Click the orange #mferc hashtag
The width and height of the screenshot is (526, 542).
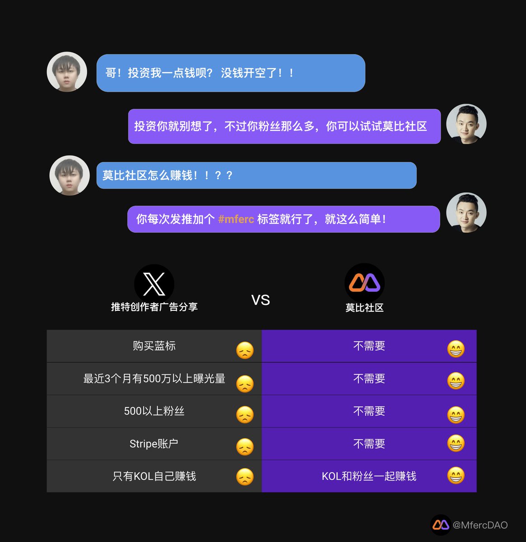coord(236,220)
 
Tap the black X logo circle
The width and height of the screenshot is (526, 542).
coord(154,284)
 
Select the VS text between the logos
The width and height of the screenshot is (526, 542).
coord(260,300)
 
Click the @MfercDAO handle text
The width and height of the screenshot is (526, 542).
coord(480,525)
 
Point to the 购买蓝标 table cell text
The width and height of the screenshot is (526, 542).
coord(154,346)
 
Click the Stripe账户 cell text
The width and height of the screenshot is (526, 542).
coord(154,444)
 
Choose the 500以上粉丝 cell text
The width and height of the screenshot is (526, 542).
coord(154,411)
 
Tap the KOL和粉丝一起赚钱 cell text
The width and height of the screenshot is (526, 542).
coord(369,477)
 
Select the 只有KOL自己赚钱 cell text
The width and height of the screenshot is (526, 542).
coord(154,477)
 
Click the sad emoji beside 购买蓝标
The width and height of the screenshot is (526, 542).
coord(245,350)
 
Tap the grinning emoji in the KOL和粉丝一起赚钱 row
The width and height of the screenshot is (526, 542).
coord(456,476)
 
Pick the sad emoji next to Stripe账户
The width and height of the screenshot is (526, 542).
coord(245,447)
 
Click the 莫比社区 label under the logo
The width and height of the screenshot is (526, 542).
coord(364,308)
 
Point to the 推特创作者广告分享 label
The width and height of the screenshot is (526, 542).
coord(154,307)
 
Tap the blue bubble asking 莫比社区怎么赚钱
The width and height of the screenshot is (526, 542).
coord(256,175)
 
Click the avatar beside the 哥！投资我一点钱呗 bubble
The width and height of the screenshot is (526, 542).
coord(67,72)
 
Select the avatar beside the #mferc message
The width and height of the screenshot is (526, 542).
coord(466,213)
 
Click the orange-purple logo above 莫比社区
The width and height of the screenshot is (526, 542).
coord(364,283)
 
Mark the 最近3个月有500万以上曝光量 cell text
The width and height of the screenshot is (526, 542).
coord(154,378)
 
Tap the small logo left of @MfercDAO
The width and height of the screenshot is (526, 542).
coord(441,525)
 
